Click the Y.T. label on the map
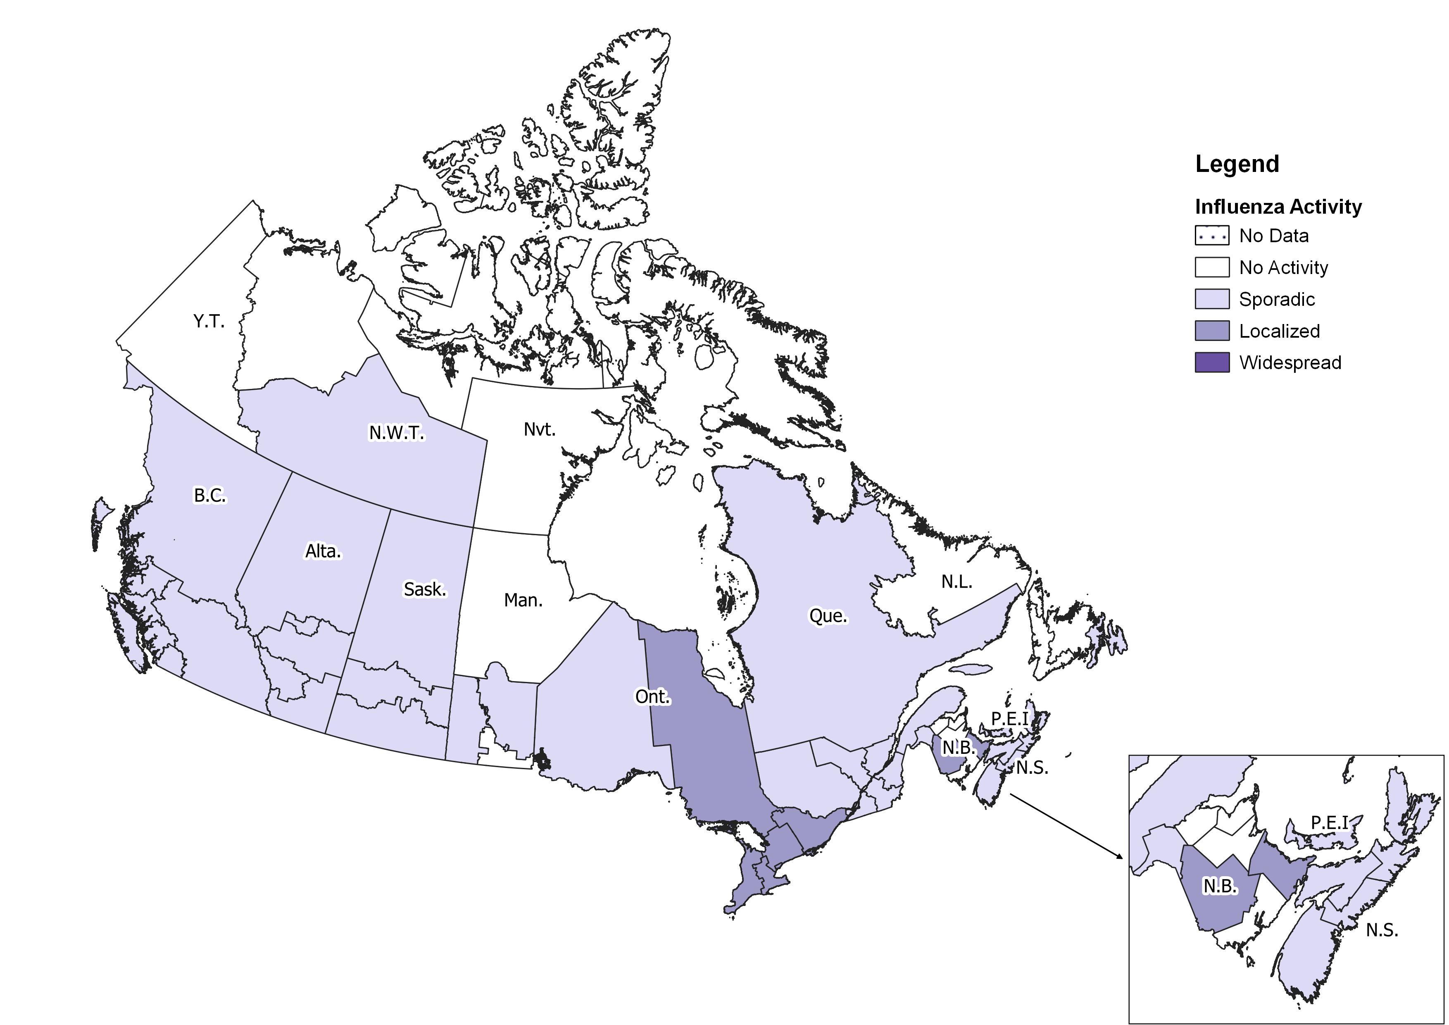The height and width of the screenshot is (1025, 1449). tap(209, 322)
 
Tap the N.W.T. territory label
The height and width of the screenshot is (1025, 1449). tap(396, 433)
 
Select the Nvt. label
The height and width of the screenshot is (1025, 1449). tap(540, 430)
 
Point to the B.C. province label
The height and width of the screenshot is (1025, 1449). tap(209, 496)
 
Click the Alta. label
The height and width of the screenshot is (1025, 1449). tap(323, 552)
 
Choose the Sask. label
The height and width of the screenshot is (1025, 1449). tap(425, 589)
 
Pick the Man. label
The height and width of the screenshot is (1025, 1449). tap(523, 600)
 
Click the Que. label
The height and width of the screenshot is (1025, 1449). tap(828, 616)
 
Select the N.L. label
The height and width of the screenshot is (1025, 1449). tap(957, 582)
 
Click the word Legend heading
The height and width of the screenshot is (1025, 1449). tap(1237, 164)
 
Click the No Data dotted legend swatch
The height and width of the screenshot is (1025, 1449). tap(1212, 236)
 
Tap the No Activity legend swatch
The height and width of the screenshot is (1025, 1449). tap(1212, 267)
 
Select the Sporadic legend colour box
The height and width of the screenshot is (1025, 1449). tap(1212, 299)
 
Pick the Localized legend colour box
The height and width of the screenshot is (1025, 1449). tap(1212, 331)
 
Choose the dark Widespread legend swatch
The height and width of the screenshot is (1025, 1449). tap(1212, 363)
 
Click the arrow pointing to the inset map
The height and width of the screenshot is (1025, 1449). tap(1066, 827)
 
